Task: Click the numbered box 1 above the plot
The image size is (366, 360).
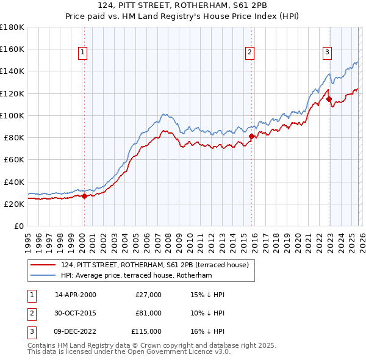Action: [x=82, y=53]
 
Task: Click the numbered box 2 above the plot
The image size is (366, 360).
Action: [x=250, y=53]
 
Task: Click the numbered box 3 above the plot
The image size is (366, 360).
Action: [x=327, y=53]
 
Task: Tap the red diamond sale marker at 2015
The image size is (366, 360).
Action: [x=251, y=136]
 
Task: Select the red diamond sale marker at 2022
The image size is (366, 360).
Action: [x=329, y=99]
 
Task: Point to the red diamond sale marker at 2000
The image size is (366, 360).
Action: [x=84, y=196]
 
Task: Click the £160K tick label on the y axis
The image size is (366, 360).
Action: [x=12, y=49]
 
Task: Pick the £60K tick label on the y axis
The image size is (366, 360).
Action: [x=14, y=160]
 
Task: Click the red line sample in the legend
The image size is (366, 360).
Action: [x=43, y=265]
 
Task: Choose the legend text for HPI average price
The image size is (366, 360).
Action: [x=136, y=276]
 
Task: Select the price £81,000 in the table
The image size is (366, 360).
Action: [x=148, y=313]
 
